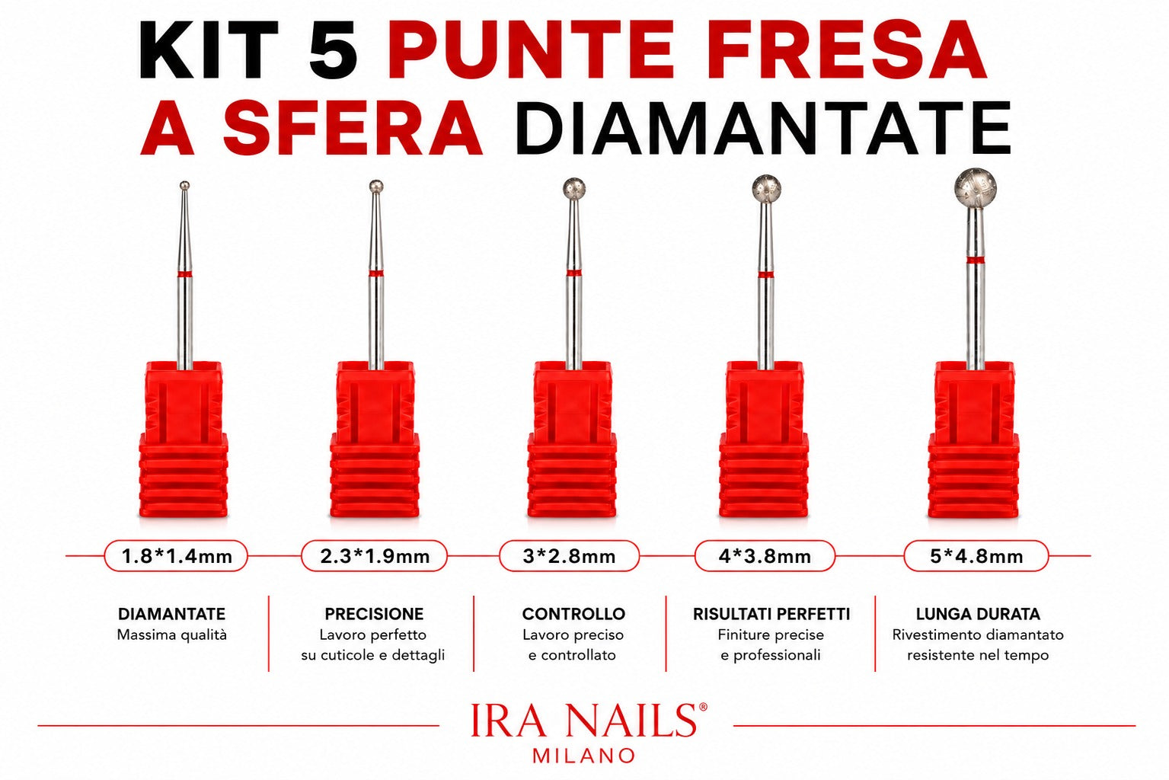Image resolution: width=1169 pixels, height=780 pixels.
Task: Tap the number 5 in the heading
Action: (x=333, y=50)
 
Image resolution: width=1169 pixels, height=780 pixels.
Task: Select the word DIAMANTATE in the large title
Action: (x=766, y=128)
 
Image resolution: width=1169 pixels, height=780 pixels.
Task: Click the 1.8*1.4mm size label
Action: (x=177, y=556)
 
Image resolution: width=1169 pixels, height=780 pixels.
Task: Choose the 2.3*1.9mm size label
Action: (x=374, y=556)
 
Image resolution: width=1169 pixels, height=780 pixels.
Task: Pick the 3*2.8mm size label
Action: (x=569, y=556)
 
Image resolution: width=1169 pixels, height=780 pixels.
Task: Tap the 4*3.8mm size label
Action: (x=765, y=556)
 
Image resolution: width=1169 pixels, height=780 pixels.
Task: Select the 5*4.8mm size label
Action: (x=976, y=556)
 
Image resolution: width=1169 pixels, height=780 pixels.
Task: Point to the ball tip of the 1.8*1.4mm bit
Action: (x=184, y=185)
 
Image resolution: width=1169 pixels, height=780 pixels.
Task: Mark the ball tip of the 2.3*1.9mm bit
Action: (x=375, y=187)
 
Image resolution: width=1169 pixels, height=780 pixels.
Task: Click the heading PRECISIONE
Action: (x=374, y=614)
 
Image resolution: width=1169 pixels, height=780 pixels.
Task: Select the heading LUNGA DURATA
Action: (x=978, y=614)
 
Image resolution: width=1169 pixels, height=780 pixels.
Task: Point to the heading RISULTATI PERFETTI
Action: (x=771, y=614)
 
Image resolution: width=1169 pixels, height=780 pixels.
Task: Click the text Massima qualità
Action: (x=171, y=635)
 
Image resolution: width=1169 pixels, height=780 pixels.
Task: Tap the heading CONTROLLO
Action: (x=573, y=614)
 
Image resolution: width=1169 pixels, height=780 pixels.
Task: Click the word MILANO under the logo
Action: (x=584, y=756)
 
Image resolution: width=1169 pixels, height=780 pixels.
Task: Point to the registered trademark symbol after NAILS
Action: (x=702, y=707)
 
